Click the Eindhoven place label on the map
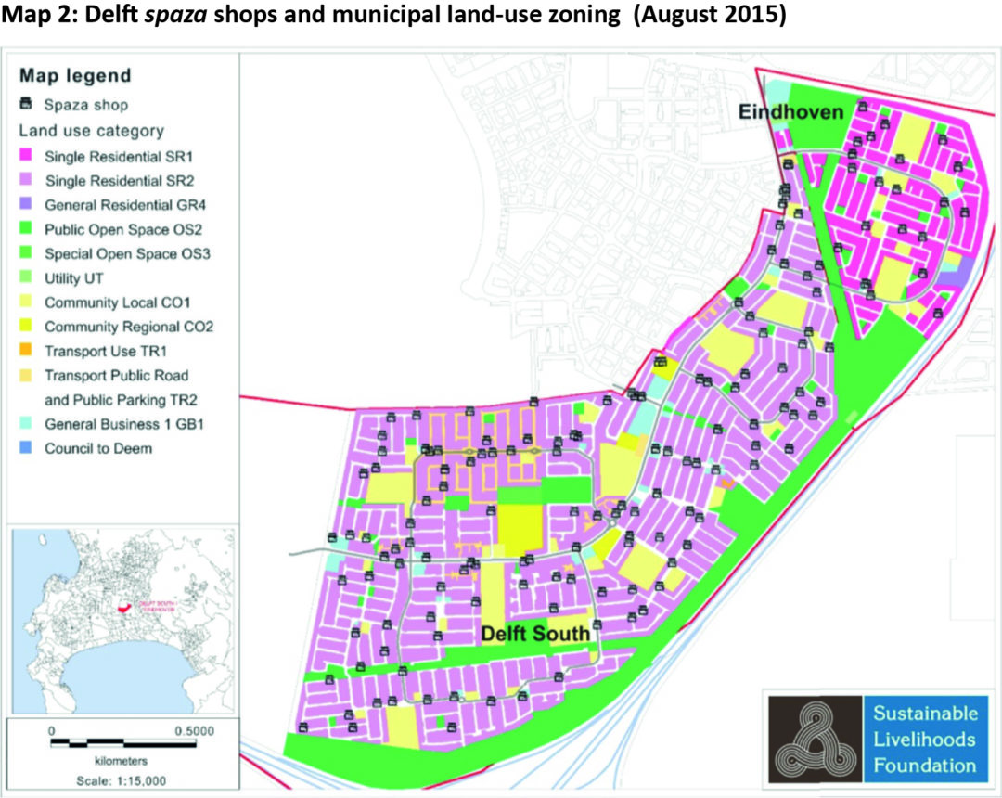(790, 112)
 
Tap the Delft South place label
(535, 635)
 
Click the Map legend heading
(75, 75)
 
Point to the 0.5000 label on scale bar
(193, 729)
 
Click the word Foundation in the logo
(924, 766)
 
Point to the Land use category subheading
(92, 131)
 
